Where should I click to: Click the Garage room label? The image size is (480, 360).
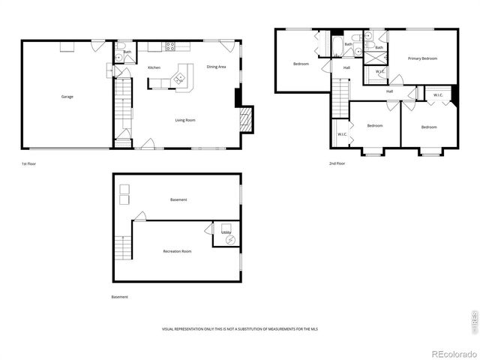[x=67, y=97]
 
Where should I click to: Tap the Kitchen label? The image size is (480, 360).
[x=154, y=67]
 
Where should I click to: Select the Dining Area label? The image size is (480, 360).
[x=217, y=67]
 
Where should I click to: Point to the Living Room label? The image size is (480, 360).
[x=185, y=120]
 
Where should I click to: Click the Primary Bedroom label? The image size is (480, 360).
[x=422, y=58]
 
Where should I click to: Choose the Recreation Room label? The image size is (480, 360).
[x=177, y=251]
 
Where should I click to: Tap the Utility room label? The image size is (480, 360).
[x=225, y=232]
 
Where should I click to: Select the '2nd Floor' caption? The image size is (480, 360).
[x=337, y=163]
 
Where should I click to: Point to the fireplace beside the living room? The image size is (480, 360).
[x=245, y=118]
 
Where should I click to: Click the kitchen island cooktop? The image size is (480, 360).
[x=179, y=77]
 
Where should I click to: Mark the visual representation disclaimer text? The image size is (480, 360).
[x=239, y=329]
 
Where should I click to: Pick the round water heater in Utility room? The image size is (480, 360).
[x=229, y=241]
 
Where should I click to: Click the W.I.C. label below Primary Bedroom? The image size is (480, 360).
[x=379, y=72]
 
